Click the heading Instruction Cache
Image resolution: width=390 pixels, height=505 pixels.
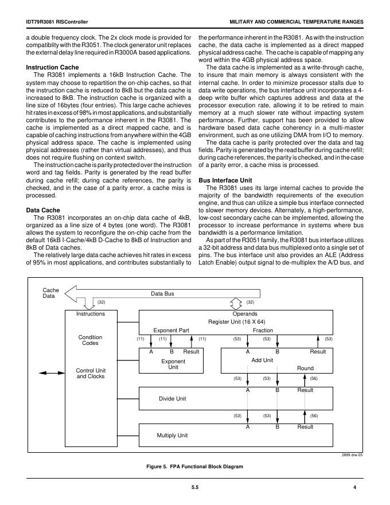(x=53, y=68)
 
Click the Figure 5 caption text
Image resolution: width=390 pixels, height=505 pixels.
(x=195, y=467)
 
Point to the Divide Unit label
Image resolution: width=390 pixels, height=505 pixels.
(x=173, y=398)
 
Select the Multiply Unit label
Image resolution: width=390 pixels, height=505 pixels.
(x=173, y=436)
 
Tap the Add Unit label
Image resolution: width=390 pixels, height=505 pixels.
(x=262, y=360)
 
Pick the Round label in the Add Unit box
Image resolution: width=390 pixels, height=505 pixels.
(x=305, y=368)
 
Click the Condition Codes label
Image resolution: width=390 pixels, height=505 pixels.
(x=90, y=340)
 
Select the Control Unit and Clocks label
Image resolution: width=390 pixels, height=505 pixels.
(x=91, y=373)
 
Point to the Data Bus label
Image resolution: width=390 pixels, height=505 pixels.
(x=162, y=294)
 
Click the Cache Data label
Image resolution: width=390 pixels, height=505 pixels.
(x=51, y=293)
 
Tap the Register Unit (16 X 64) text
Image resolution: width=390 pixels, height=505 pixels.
(x=244, y=322)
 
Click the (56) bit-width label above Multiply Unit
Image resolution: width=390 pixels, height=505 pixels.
(x=314, y=415)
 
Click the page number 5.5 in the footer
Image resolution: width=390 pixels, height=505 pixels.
(x=195, y=487)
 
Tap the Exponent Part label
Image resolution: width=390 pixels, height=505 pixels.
(x=171, y=331)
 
